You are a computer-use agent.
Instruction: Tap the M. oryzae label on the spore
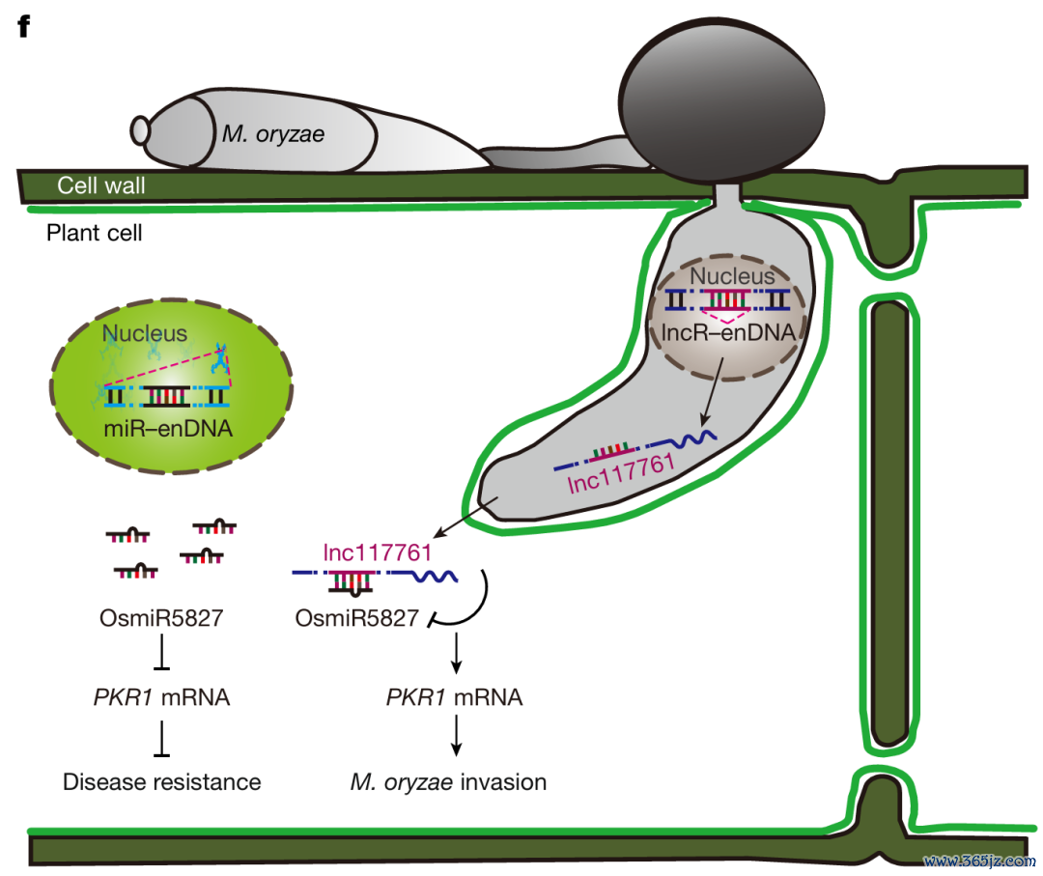pyautogui.click(x=272, y=133)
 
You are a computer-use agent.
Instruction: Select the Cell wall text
pyautogui.click(x=101, y=184)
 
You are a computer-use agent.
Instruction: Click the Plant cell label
pyautogui.click(x=94, y=233)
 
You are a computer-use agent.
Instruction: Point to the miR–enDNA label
pyautogui.click(x=168, y=429)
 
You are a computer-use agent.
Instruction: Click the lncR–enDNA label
pyautogui.click(x=728, y=332)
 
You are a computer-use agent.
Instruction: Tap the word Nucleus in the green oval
pyautogui.click(x=144, y=332)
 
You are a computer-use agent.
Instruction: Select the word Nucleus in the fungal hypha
pyautogui.click(x=732, y=275)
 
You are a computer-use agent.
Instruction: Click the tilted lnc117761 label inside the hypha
pyautogui.click(x=621, y=473)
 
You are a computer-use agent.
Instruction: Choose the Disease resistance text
pyautogui.click(x=161, y=781)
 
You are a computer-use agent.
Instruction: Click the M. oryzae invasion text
pyautogui.click(x=448, y=781)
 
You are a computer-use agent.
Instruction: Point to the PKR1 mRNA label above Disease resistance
pyautogui.click(x=161, y=697)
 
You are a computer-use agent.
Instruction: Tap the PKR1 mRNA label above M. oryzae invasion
pyautogui.click(x=454, y=697)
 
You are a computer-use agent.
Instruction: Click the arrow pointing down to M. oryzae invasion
pyautogui.click(x=456, y=736)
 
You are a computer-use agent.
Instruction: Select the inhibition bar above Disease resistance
pyautogui.click(x=161, y=738)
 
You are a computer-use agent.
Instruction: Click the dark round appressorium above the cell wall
pyautogui.click(x=721, y=99)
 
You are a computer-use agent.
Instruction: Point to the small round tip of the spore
pyautogui.click(x=140, y=130)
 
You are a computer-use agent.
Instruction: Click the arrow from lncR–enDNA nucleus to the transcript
pyautogui.click(x=712, y=392)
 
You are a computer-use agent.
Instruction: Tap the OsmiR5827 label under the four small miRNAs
pyautogui.click(x=161, y=618)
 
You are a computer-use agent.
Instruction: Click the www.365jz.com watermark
pyautogui.click(x=980, y=861)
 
